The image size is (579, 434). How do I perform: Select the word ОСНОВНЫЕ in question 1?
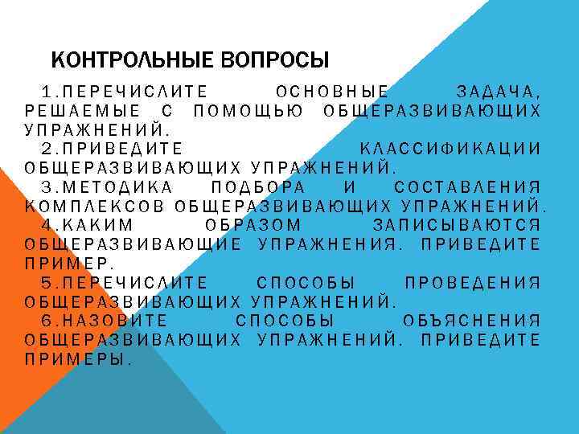(332, 91)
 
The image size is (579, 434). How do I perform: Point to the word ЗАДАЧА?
(497, 91)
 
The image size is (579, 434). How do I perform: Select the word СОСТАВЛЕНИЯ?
(467, 187)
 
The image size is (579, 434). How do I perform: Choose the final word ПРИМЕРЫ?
(77, 359)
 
